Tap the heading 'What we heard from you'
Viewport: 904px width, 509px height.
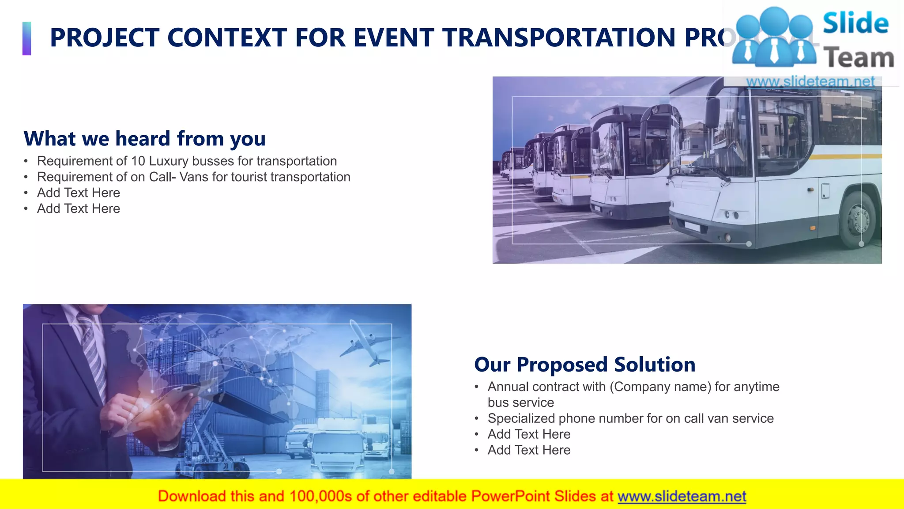tap(144, 139)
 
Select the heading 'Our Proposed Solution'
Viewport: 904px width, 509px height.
tap(584, 365)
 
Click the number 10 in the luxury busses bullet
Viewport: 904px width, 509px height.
tap(138, 161)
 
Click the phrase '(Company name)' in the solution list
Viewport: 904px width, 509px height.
tap(660, 387)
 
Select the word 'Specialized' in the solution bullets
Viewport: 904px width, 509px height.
tap(521, 418)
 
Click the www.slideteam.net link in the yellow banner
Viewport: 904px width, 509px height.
tap(682, 497)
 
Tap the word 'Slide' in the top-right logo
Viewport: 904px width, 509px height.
tap(855, 23)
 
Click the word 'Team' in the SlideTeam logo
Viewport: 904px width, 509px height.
tap(859, 58)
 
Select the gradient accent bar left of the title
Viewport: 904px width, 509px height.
tap(27, 38)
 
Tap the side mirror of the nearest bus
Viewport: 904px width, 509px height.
tap(712, 113)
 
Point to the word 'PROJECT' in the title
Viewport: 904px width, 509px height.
tap(104, 38)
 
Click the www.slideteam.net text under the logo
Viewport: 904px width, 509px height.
tap(810, 81)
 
